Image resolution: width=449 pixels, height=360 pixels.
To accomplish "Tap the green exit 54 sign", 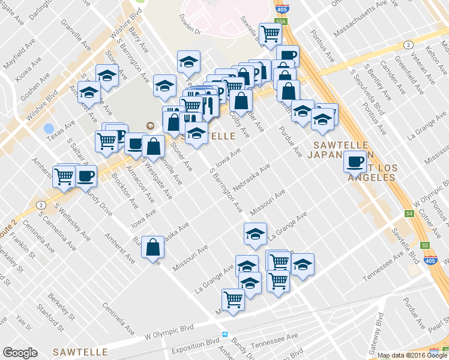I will pyautogui.click(x=409, y=214).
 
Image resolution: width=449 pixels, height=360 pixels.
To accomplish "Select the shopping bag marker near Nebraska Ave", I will pyautogui.click(x=152, y=246).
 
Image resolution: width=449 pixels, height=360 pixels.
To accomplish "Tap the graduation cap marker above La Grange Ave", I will pyautogui.click(x=255, y=233).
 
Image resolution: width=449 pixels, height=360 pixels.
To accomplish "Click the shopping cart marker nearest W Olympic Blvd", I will pyautogui.click(x=232, y=298).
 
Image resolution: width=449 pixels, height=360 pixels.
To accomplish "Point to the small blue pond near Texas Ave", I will pyautogui.click(x=49, y=128).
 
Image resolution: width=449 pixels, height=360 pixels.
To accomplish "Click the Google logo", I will pyautogui.click(x=20, y=353).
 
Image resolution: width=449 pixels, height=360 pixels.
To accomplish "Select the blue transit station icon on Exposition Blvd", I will pyautogui.click(x=224, y=334).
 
